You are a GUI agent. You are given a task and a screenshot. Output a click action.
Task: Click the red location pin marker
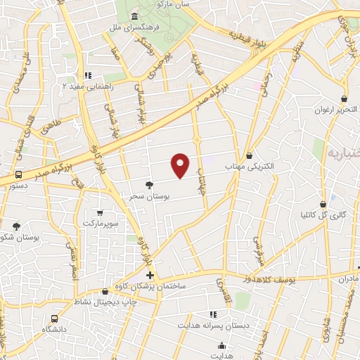181,165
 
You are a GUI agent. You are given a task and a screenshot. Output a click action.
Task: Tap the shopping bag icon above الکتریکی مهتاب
250,155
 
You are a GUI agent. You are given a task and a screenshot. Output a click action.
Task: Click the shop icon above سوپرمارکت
100,212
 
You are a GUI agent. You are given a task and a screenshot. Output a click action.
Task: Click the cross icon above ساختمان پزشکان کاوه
150,275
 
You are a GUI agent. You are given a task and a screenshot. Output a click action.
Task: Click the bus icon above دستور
18,174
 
